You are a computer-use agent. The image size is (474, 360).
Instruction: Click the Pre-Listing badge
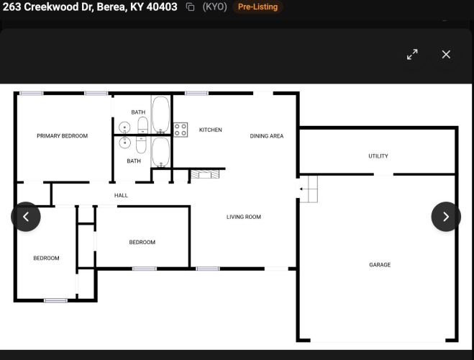(x=257, y=6)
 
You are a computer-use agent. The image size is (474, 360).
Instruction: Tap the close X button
(x=446, y=55)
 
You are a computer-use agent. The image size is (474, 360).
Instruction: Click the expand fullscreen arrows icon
(x=412, y=55)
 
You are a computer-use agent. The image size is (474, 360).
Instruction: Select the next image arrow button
(x=446, y=217)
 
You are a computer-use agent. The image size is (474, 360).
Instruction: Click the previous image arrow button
(x=26, y=217)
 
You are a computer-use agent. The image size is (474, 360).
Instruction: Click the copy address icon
(x=190, y=7)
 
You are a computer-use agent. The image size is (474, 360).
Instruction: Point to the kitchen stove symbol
(x=181, y=130)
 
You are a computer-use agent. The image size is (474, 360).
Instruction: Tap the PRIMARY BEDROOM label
(x=63, y=136)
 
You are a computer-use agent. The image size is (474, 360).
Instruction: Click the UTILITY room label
(x=378, y=156)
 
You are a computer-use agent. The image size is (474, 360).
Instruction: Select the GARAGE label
(x=380, y=265)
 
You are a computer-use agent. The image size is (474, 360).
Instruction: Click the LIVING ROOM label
(x=244, y=217)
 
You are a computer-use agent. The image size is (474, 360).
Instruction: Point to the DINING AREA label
(x=267, y=136)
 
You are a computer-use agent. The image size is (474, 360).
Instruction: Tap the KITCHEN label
(x=211, y=130)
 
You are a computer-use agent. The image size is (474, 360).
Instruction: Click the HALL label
(x=121, y=195)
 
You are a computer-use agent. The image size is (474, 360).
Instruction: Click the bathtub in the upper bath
(x=161, y=114)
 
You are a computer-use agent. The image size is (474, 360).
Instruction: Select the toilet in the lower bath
(x=141, y=144)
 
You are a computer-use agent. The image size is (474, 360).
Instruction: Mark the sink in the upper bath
(x=124, y=127)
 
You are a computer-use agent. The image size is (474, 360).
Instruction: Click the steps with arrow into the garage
(x=309, y=189)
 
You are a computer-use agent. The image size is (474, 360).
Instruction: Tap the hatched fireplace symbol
(x=205, y=174)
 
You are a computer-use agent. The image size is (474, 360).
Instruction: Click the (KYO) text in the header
(x=214, y=6)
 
